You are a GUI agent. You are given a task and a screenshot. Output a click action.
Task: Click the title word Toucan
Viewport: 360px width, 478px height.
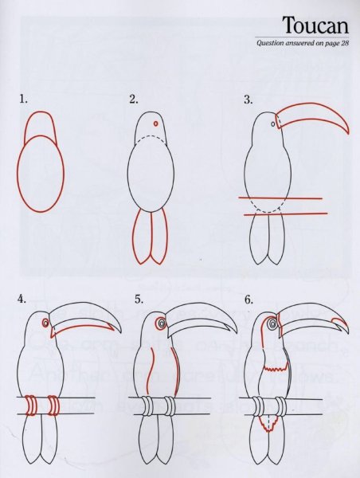point(315,25)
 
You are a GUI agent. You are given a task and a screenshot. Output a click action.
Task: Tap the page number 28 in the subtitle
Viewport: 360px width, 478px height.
point(345,43)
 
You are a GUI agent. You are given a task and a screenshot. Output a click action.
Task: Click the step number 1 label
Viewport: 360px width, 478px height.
point(23,99)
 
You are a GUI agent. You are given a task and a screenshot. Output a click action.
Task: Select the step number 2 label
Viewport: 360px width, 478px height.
point(134,99)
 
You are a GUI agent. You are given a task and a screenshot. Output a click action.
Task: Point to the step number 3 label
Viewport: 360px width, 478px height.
point(248,100)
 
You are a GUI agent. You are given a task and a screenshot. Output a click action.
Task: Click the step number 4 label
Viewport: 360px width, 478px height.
point(22,299)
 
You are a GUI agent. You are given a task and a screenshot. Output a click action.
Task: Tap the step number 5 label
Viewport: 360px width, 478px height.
point(139,300)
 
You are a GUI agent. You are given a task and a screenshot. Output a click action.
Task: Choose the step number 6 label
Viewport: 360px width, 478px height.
point(248,300)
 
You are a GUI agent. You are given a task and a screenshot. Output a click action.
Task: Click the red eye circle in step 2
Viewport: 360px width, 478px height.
point(156,123)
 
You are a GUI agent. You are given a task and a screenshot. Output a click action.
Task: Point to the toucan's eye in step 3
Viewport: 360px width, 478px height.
point(273,124)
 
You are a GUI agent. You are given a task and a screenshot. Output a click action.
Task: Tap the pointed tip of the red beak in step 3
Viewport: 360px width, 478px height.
point(348,132)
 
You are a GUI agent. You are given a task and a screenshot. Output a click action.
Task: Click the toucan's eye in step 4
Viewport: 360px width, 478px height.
point(45,323)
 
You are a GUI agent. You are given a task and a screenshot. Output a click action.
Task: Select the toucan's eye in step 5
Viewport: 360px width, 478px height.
point(161,323)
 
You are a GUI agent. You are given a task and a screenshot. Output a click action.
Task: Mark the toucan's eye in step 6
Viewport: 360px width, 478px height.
point(272,323)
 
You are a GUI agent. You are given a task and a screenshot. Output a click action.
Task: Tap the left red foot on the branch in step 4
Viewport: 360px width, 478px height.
point(30,406)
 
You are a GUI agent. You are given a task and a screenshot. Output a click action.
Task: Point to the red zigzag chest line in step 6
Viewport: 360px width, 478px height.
point(275,368)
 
